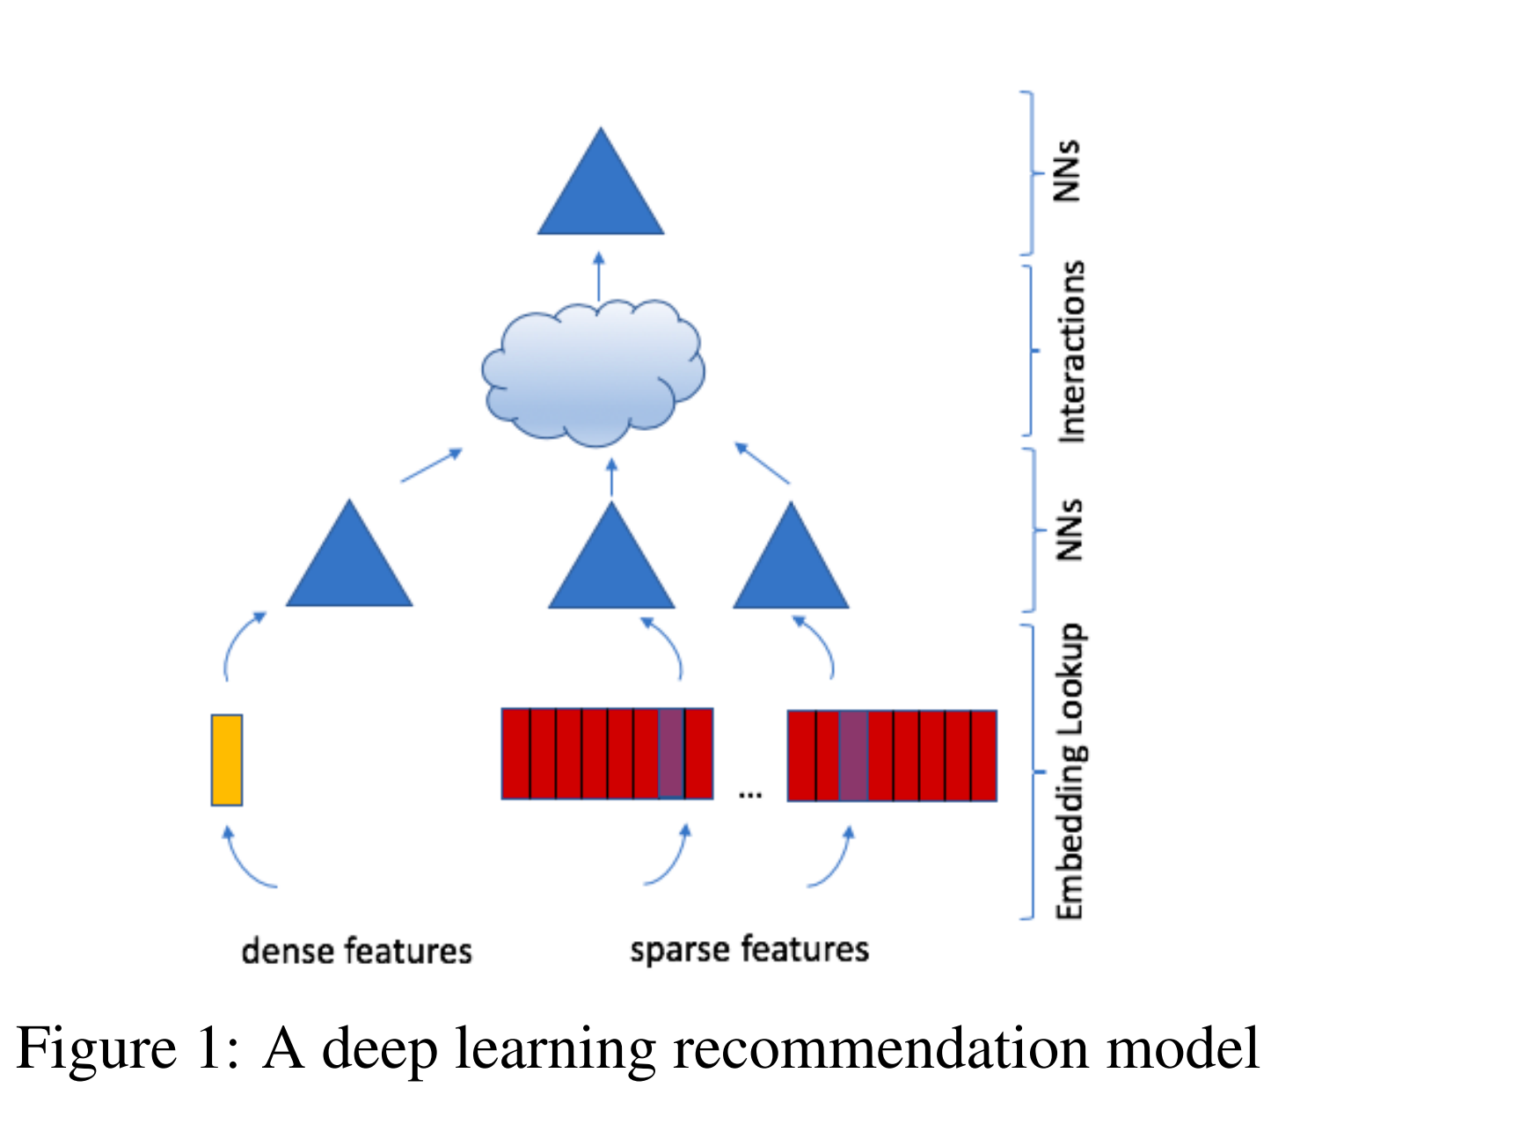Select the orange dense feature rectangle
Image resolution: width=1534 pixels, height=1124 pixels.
[x=226, y=760]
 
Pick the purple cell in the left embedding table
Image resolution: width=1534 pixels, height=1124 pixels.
[x=671, y=754]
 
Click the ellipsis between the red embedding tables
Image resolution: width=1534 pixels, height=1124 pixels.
[x=749, y=794]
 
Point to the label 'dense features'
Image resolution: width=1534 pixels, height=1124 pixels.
[x=356, y=951]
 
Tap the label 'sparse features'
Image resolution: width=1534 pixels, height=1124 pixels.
[x=749, y=950]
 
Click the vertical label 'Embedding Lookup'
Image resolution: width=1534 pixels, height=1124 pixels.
[x=1070, y=771]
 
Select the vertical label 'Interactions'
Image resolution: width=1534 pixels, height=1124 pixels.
[x=1070, y=351]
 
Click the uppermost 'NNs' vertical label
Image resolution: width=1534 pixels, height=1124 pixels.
[x=1067, y=171]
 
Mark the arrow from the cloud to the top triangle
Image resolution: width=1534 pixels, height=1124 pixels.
[x=599, y=277]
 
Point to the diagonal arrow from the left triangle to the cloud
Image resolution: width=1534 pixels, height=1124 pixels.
[x=431, y=465]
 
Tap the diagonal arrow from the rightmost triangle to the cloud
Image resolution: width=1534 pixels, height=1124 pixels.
[x=762, y=463]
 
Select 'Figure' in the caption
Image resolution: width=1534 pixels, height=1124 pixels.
[x=96, y=1048]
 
